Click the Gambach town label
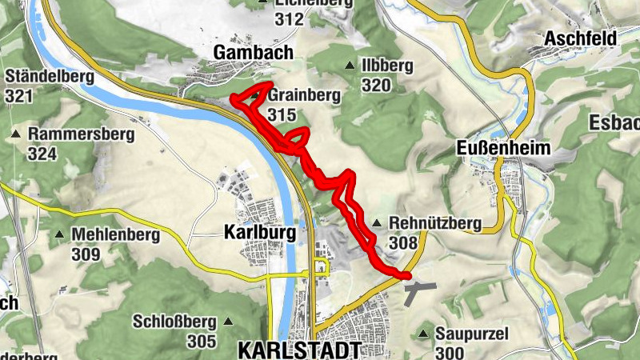[254, 52]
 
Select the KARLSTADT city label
[300, 350]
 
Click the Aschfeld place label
[580, 38]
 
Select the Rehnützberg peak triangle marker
[376, 222]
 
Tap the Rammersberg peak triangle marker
[15, 133]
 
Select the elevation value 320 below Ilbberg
[376, 86]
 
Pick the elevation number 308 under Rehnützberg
[403, 242]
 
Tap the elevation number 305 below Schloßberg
[202, 342]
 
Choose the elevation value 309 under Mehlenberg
[86, 254]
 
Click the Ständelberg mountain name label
[50, 78]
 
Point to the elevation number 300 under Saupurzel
[450, 353]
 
